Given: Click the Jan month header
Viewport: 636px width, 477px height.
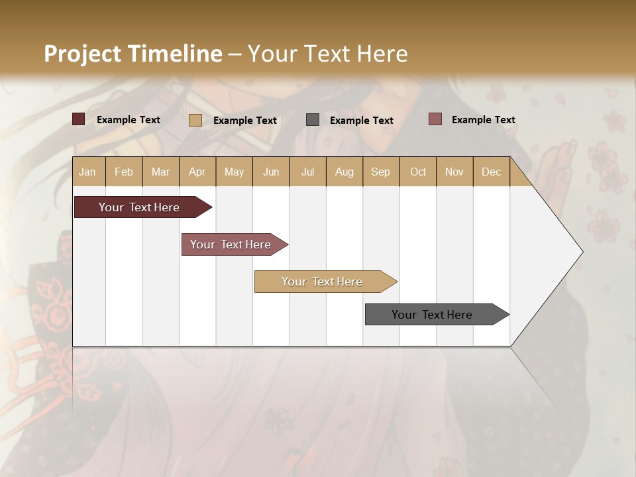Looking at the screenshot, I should point(88,172).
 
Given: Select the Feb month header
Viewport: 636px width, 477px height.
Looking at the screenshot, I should point(124,172).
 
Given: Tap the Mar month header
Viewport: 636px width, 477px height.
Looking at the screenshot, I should point(160,172).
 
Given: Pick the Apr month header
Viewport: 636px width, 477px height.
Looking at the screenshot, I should point(197,172).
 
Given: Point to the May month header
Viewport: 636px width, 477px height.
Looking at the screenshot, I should point(234,172).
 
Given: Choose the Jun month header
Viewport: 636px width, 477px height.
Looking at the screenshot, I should point(271,172).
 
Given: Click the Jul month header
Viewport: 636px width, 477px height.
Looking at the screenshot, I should point(307,172).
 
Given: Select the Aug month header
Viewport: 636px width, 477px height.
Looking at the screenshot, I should point(344,172).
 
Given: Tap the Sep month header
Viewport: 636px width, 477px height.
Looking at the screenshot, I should point(381,172).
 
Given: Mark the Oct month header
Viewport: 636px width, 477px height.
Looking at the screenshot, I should point(418,172).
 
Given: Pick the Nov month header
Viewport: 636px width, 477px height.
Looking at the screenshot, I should point(454,172).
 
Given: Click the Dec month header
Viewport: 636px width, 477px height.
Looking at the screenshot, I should point(492,172).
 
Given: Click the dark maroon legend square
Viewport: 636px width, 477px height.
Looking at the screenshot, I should point(79,119).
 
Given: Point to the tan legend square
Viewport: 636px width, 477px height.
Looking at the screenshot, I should point(195,120).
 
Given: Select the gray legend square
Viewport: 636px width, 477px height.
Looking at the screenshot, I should point(313,119).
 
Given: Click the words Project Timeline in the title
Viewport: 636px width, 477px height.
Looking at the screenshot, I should point(133,54).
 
